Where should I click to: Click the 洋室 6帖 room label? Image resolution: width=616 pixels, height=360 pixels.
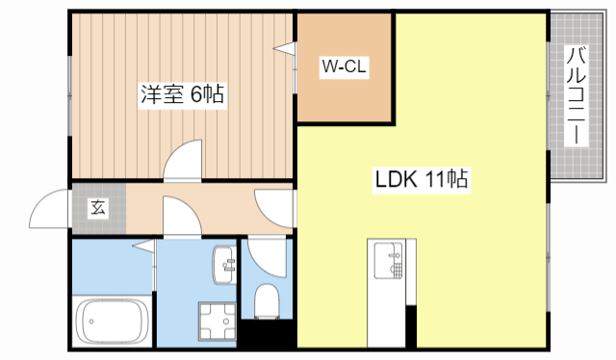point(183,94)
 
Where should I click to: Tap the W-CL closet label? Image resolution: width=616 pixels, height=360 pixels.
point(344,67)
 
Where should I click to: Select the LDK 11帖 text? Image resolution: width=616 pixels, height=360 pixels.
point(422,179)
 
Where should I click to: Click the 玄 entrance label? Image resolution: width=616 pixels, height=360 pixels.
point(98,207)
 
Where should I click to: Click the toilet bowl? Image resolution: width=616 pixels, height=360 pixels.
point(267,300)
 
